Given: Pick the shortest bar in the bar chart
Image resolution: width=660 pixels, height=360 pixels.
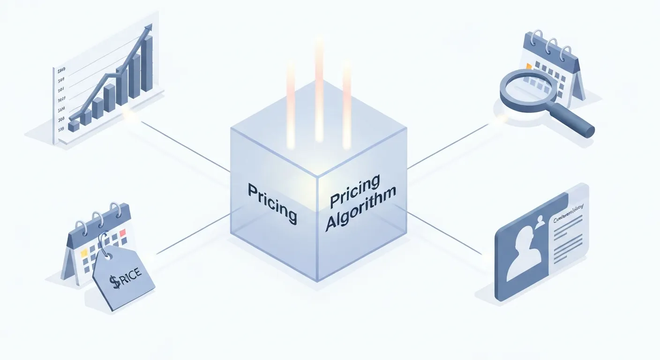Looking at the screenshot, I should coord(74,125).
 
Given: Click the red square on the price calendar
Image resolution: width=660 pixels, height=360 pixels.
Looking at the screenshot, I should coord(123,232).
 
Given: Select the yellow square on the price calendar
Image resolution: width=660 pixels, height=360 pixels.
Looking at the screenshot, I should coord(84,253).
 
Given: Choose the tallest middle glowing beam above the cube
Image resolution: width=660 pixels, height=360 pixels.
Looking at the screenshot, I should coord(319,89).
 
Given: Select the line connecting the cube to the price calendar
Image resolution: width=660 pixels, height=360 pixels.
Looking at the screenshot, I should coord(192,234).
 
